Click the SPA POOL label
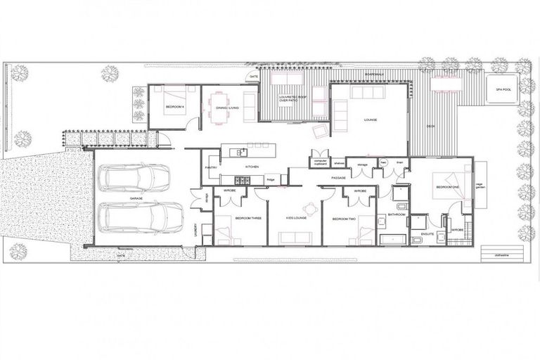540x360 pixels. click(x=503, y=90)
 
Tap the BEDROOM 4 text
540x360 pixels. click(x=174, y=107)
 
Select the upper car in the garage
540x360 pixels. click(x=135, y=178)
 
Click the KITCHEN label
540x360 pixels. click(x=252, y=167)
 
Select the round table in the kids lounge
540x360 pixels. click(x=307, y=207)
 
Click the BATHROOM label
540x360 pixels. click(x=396, y=214)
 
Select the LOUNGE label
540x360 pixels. click(x=371, y=120)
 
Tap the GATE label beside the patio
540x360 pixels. click(x=252, y=75)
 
